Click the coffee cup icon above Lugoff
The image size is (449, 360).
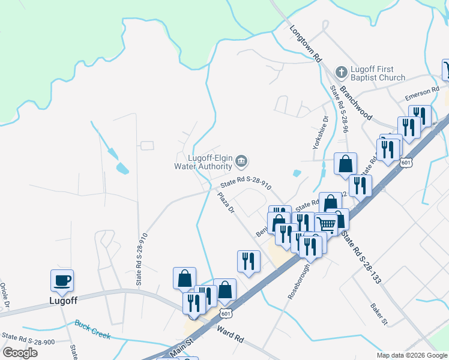point(62,280)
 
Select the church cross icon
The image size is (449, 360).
point(340,73)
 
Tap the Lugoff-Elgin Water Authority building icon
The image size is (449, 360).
point(241,160)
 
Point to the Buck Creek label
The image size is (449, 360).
point(92,329)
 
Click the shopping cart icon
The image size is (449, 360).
point(326,224)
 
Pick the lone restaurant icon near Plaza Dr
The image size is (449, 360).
point(249,261)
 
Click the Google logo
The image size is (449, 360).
point(20,353)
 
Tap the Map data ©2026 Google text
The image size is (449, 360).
point(412,355)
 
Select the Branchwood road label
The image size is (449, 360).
point(356,103)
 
